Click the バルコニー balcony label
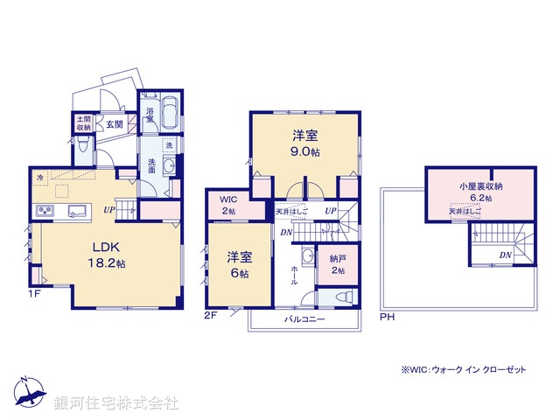point(304,321)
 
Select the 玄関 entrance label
point(115,125)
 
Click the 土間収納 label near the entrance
point(82,123)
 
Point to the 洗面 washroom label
point(150,166)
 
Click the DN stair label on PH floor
point(505,255)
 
